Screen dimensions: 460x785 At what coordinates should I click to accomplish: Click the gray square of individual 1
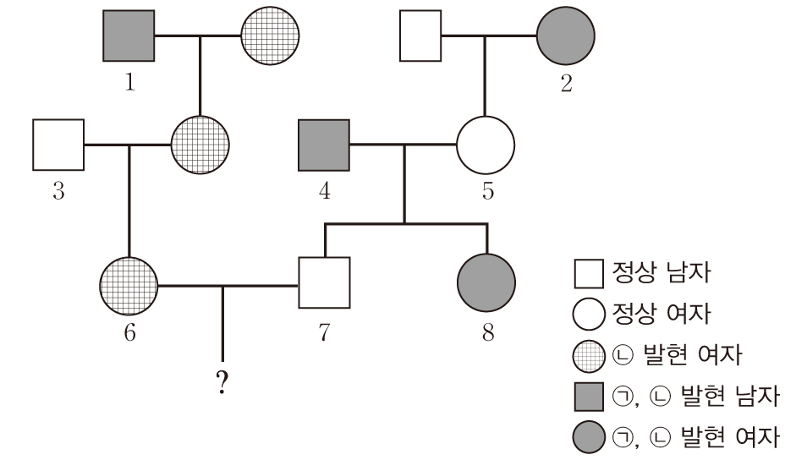coord(129,36)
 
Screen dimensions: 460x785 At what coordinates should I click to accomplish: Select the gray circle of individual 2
coord(566,36)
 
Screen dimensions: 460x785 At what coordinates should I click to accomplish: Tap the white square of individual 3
coord(58,145)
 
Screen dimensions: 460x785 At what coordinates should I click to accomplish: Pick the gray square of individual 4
coord(324,145)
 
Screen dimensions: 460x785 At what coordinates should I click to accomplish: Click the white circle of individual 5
coord(486,145)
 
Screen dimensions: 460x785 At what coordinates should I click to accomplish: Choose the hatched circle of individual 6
coord(129,285)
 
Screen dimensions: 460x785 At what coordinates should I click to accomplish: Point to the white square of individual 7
coord(324,285)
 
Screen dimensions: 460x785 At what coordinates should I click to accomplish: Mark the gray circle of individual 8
coord(486,285)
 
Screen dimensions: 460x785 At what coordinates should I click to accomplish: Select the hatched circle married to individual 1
coord(270,36)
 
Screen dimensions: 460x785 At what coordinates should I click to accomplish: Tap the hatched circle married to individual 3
coord(200,145)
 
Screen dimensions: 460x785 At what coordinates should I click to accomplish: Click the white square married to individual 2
coord(420,36)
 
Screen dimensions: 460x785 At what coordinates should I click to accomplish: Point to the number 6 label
coord(129,332)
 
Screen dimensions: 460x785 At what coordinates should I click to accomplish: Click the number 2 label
coord(566,83)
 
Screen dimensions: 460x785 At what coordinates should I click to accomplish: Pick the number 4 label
coord(324,191)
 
